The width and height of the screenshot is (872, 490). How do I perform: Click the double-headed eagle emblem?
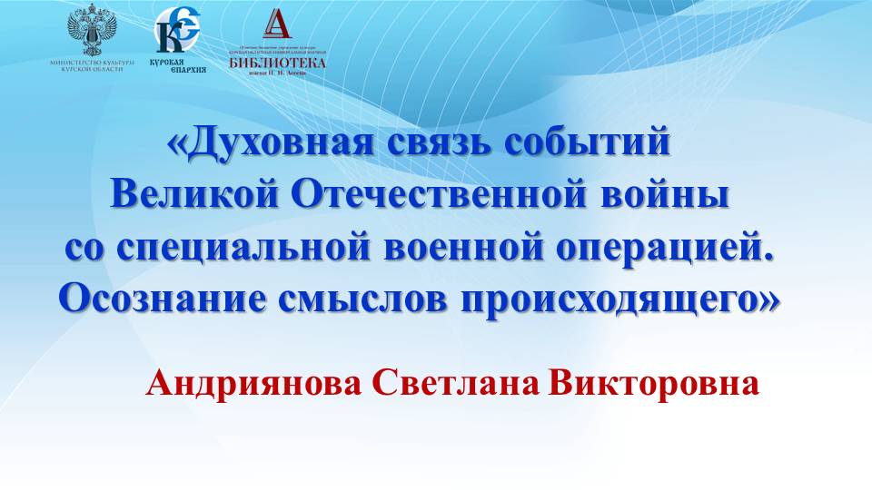click(x=93, y=31)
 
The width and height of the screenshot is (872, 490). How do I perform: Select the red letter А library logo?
click(x=276, y=24)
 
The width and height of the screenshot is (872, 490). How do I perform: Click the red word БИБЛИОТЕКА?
click(x=277, y=63)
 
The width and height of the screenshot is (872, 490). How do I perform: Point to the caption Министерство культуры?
click(x=93, y=63)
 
